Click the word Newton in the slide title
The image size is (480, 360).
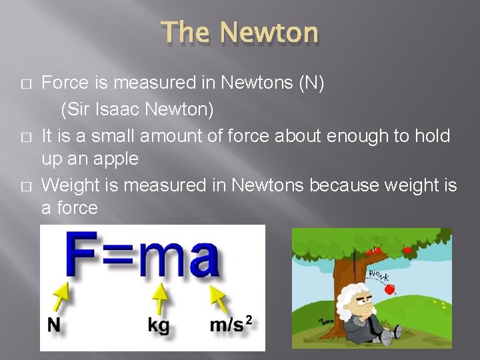269,32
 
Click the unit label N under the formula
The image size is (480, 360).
55,325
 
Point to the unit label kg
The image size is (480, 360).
158,325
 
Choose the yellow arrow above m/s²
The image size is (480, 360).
219,297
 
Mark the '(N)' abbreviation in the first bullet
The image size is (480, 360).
307,84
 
